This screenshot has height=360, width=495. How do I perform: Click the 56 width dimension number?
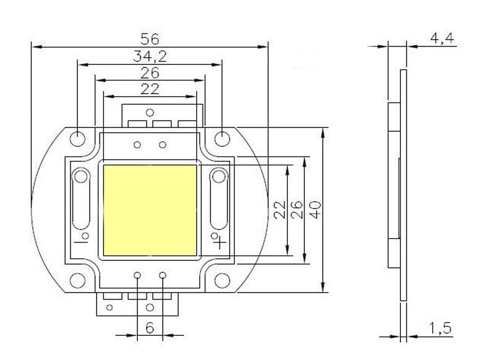(x=150, y=39)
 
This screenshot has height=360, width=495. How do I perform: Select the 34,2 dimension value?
(x=150, y=57)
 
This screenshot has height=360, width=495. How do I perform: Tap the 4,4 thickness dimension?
(x=442, y=38)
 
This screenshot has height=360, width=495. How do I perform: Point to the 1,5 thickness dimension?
(x=440, y=328)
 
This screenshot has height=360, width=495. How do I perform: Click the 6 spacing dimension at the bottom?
(x=150, y=328)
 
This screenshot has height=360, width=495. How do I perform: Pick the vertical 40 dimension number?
(x=316, y=210)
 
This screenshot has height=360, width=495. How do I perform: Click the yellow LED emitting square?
(x=150, y=210)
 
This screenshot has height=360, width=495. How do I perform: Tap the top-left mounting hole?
(x=77, y=139)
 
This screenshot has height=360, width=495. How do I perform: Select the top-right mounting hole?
(x=222, y=139)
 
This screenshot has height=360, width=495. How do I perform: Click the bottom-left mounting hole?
(x=77, y=280)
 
